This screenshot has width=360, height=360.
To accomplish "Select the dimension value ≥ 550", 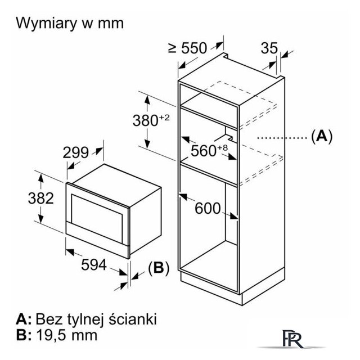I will pos(187,48).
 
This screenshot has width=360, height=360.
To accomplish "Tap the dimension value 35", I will pos(269,48).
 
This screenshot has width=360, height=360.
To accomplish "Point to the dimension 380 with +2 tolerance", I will pos(150,120).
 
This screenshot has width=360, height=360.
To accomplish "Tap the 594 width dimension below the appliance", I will pos(93,265).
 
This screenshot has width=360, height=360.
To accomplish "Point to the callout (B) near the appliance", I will pos(158,268).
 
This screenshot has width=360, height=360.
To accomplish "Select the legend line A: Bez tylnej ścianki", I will pos(78,319).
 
